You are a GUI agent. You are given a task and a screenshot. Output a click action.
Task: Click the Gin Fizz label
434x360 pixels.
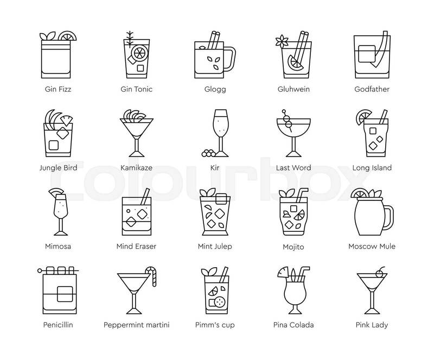(x=58, y=89)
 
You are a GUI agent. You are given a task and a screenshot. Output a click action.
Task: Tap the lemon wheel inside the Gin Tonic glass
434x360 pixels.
(x=139, y=53)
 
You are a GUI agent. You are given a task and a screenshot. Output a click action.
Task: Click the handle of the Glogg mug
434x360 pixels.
(x=229, y=59)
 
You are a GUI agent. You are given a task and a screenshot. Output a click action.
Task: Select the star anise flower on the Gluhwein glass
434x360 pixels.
(x=282, y=41)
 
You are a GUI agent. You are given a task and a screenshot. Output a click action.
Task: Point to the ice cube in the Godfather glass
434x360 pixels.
(x=367, y=54)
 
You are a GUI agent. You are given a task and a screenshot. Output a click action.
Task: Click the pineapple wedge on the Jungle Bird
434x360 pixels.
(x=66, y=119)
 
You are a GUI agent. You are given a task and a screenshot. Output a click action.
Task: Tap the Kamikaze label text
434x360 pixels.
(x=137, y=168)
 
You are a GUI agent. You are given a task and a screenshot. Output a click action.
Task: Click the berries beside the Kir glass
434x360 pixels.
(x=209, y=153)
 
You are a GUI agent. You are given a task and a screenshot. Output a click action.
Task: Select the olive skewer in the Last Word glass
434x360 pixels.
(x=287, y=121)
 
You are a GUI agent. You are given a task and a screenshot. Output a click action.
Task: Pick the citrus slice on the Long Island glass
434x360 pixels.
(x=363, y=117)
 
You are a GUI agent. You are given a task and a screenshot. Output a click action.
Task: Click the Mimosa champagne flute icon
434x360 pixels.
(x=60, y=212)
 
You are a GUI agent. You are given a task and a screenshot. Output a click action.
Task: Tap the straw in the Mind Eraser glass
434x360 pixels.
(x=145, y=196)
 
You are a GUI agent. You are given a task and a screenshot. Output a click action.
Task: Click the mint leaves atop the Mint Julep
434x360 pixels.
(x=208, y=192)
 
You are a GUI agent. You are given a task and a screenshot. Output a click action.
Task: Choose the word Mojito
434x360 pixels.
(x=293, y=247)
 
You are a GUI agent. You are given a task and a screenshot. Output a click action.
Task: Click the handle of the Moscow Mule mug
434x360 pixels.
(x=387, y=218)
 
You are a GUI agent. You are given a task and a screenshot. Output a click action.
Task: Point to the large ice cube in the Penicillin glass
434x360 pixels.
(x=65, y=294)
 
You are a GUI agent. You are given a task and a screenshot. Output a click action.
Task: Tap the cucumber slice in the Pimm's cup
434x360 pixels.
(x=221, y=300)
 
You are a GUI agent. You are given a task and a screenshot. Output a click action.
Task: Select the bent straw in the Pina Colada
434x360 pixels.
(x=303, y=274)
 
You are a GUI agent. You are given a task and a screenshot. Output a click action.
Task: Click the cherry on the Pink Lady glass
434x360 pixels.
(x=379, y=274)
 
